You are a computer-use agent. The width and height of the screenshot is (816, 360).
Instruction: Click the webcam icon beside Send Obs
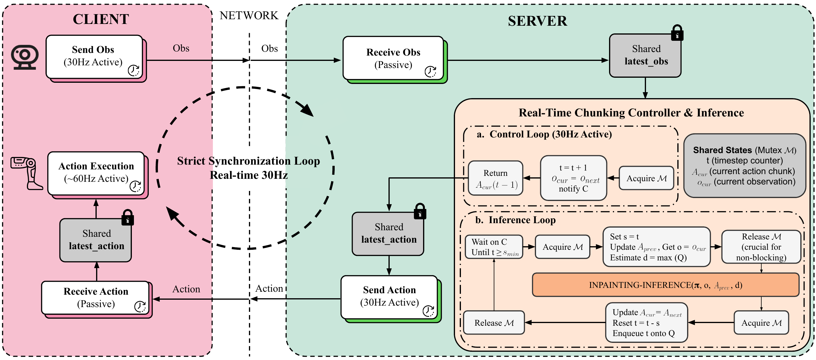point(25,57)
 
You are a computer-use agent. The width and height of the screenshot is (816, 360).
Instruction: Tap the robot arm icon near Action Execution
point(27,173)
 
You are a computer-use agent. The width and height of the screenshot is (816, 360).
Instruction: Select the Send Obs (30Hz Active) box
point(94,57)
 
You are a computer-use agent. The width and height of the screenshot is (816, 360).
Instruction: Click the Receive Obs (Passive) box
point(393,58)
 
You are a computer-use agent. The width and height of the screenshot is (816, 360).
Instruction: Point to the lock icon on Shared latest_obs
point(677,33)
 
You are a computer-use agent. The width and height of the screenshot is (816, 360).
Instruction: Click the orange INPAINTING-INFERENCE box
point(665,285)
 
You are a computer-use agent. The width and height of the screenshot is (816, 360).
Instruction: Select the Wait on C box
point(494,247)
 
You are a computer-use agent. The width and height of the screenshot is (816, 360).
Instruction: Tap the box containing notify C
point(573,178)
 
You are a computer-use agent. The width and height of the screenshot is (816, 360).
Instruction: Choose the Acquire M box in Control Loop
point(646,178)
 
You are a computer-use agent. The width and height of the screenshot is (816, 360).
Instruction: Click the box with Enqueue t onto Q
point(646,322)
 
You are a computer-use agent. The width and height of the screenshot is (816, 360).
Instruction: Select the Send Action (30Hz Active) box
point(389,297)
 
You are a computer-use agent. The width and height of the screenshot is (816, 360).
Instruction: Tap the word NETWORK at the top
point(249,15)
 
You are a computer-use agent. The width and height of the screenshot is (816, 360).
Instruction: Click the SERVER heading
point(537,21)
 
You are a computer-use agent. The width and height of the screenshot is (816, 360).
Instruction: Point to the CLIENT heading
point(101,19)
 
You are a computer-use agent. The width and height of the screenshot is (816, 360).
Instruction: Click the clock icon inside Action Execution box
point(136,186)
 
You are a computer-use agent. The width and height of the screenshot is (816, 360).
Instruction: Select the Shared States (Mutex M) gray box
point(744,166)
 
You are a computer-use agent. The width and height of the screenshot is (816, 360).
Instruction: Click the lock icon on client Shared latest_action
point(128,218)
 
